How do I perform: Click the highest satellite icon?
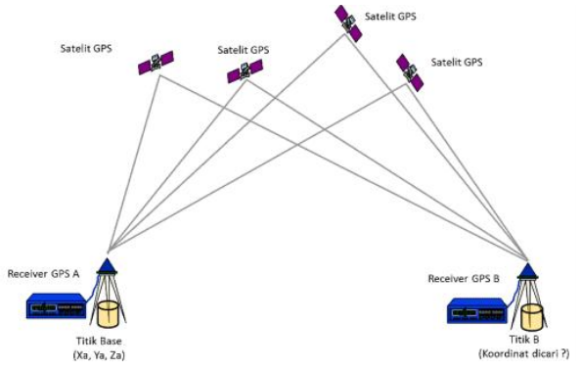pos(348,23)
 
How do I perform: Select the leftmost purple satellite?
pos(156,63)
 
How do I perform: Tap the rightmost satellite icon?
pos(410,72)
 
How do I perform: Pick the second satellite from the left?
pos(244,71)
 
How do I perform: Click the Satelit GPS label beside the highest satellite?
pos(389,17)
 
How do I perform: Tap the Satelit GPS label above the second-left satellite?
pos(242,48)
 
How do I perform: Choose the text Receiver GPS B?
pos(464,279)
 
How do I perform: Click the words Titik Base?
pos(99,340)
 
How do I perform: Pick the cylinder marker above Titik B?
pos(531,317)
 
